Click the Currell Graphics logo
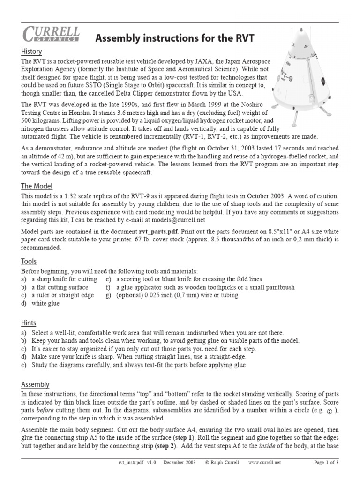tap(51, 35)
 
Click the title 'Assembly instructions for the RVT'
tap(174, 38)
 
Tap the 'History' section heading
tap(31, 52)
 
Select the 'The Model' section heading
tap(37, 186)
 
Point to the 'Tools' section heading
tap(29, 261)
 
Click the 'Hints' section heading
tap(29, 323)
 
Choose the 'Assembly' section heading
tap(35, 384)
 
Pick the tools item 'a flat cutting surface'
tap(60, 287)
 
